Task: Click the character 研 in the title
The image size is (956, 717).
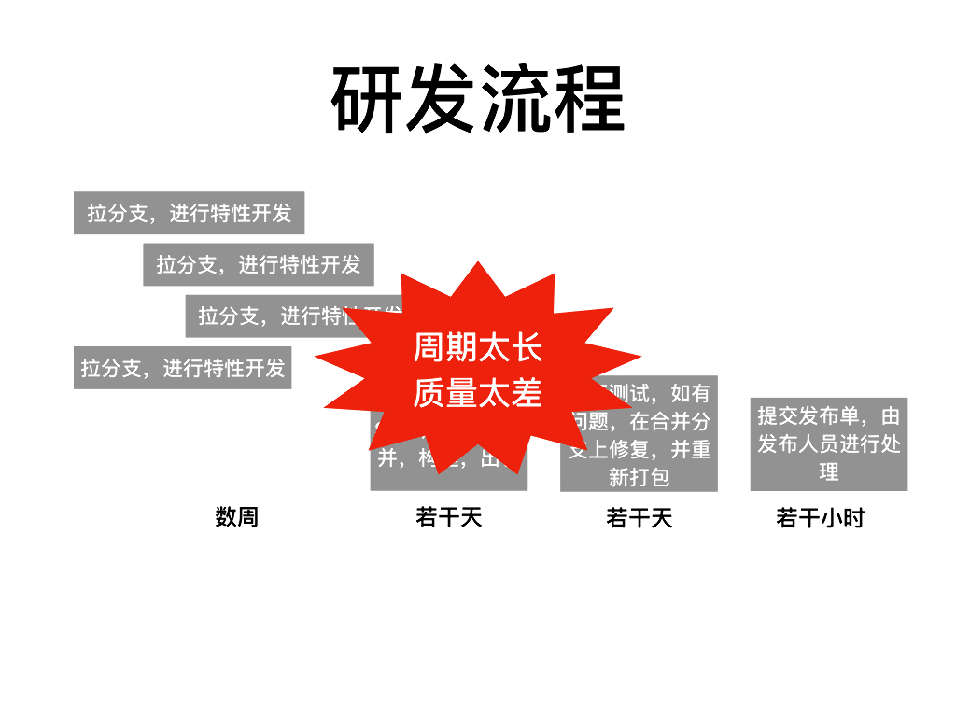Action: point(368,100)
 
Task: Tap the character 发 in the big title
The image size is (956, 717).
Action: point(441,100)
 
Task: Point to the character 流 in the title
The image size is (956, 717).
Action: point(514,100)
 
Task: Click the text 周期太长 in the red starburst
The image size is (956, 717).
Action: point(477,348)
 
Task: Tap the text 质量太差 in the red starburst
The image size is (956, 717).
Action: point(477,393)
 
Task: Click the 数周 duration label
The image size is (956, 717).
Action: point(236,516)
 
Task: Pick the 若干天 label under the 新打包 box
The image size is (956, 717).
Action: point(640,517)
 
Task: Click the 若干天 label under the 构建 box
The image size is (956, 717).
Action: point(449,516)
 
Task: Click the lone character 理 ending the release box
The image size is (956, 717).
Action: point(829,471)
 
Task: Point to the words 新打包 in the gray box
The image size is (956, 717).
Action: point(640,477)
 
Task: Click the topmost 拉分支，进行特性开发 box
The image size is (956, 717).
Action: point(190,213)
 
